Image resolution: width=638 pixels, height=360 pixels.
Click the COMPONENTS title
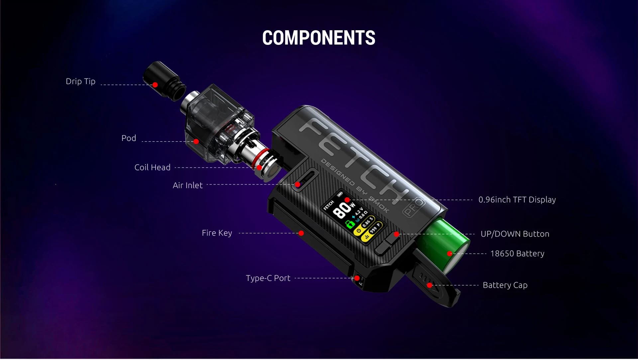319,38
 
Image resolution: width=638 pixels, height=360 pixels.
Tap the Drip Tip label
80,81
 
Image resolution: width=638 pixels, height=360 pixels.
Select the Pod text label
129,138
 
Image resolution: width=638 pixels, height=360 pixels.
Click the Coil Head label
152,168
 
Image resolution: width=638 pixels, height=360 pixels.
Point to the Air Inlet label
187,185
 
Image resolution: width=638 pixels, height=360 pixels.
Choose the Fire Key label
217,233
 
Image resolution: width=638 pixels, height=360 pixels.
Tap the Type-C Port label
268,278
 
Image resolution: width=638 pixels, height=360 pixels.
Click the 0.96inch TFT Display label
517,200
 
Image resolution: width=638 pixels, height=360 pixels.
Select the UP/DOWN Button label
515,234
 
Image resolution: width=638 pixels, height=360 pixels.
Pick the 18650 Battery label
517,254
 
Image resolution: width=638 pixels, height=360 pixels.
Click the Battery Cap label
505,285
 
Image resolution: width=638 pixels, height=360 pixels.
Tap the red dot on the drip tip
155,85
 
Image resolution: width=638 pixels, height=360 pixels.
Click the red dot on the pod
196,142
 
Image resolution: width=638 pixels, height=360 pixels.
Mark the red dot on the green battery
449,254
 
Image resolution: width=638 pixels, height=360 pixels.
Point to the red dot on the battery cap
429,285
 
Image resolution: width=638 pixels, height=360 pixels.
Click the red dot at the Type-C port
357,278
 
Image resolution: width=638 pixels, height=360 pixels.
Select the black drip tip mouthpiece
163,79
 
